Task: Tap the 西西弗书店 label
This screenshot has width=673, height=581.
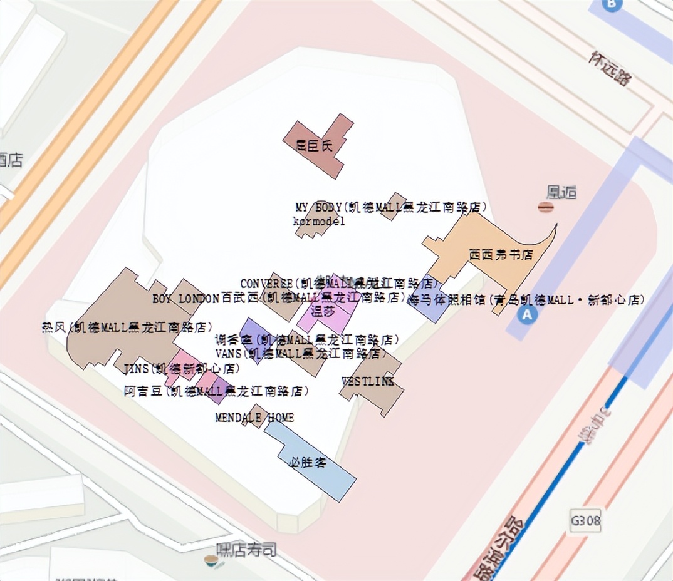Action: click(x=501, y=255)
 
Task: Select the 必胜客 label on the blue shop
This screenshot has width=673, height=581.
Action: click(x=307, y=463)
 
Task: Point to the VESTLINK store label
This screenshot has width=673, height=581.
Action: click(x=368, y=381)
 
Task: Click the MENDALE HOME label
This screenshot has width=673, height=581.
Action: click(x=254, y=418)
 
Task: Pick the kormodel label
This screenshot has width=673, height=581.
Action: click(x=319, y=221)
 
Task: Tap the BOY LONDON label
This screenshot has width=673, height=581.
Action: click(x=185, y=299)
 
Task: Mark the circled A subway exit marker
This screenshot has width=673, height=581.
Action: click(x=528, y=314)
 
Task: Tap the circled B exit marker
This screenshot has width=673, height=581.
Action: click(x=612, y=4)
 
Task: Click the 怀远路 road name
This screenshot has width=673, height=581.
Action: click(x=610, y=68)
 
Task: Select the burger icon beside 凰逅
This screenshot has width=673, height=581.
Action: click(x=545, y=207)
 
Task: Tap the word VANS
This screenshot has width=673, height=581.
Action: click(x=228, y=354)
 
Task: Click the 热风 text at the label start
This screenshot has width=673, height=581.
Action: click(x=54, y=327)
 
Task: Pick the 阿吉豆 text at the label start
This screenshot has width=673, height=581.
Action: click(x=143, y=392)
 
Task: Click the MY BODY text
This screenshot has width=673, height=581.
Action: click(x=318, y=207)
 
